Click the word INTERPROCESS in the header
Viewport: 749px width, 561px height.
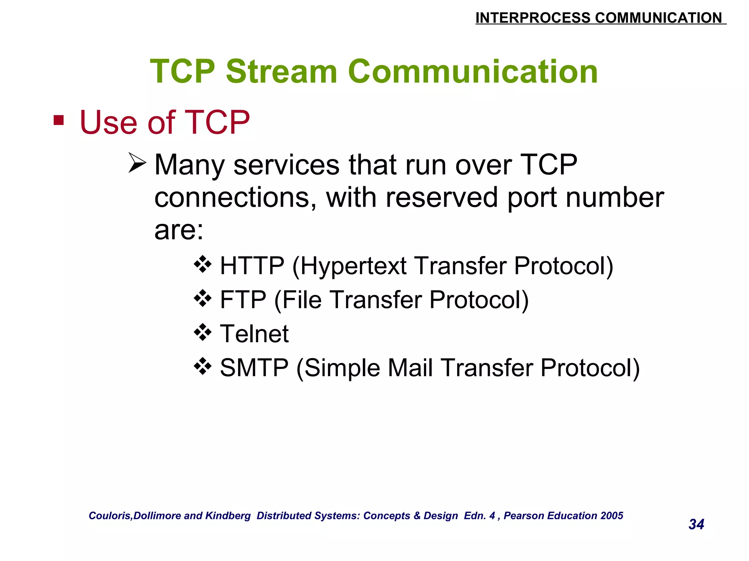click(532, 18)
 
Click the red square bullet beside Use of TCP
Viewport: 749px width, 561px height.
click(59, 120)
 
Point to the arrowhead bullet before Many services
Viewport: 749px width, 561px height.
click(137, 163)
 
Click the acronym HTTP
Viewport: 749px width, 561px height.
click(252, 266)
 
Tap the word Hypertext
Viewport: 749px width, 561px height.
click(353, 266)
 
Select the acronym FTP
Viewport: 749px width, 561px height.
click(243, 300)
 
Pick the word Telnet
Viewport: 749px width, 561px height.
click(254, 333)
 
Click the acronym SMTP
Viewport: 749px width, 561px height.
click(254, 367)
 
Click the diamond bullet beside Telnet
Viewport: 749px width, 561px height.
click(203, 332)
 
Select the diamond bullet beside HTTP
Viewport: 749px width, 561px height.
click(203, 264)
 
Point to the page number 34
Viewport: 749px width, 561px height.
click(696, 524)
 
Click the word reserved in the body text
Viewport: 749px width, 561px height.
click(442, 198)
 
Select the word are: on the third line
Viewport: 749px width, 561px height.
click(178, 230)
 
